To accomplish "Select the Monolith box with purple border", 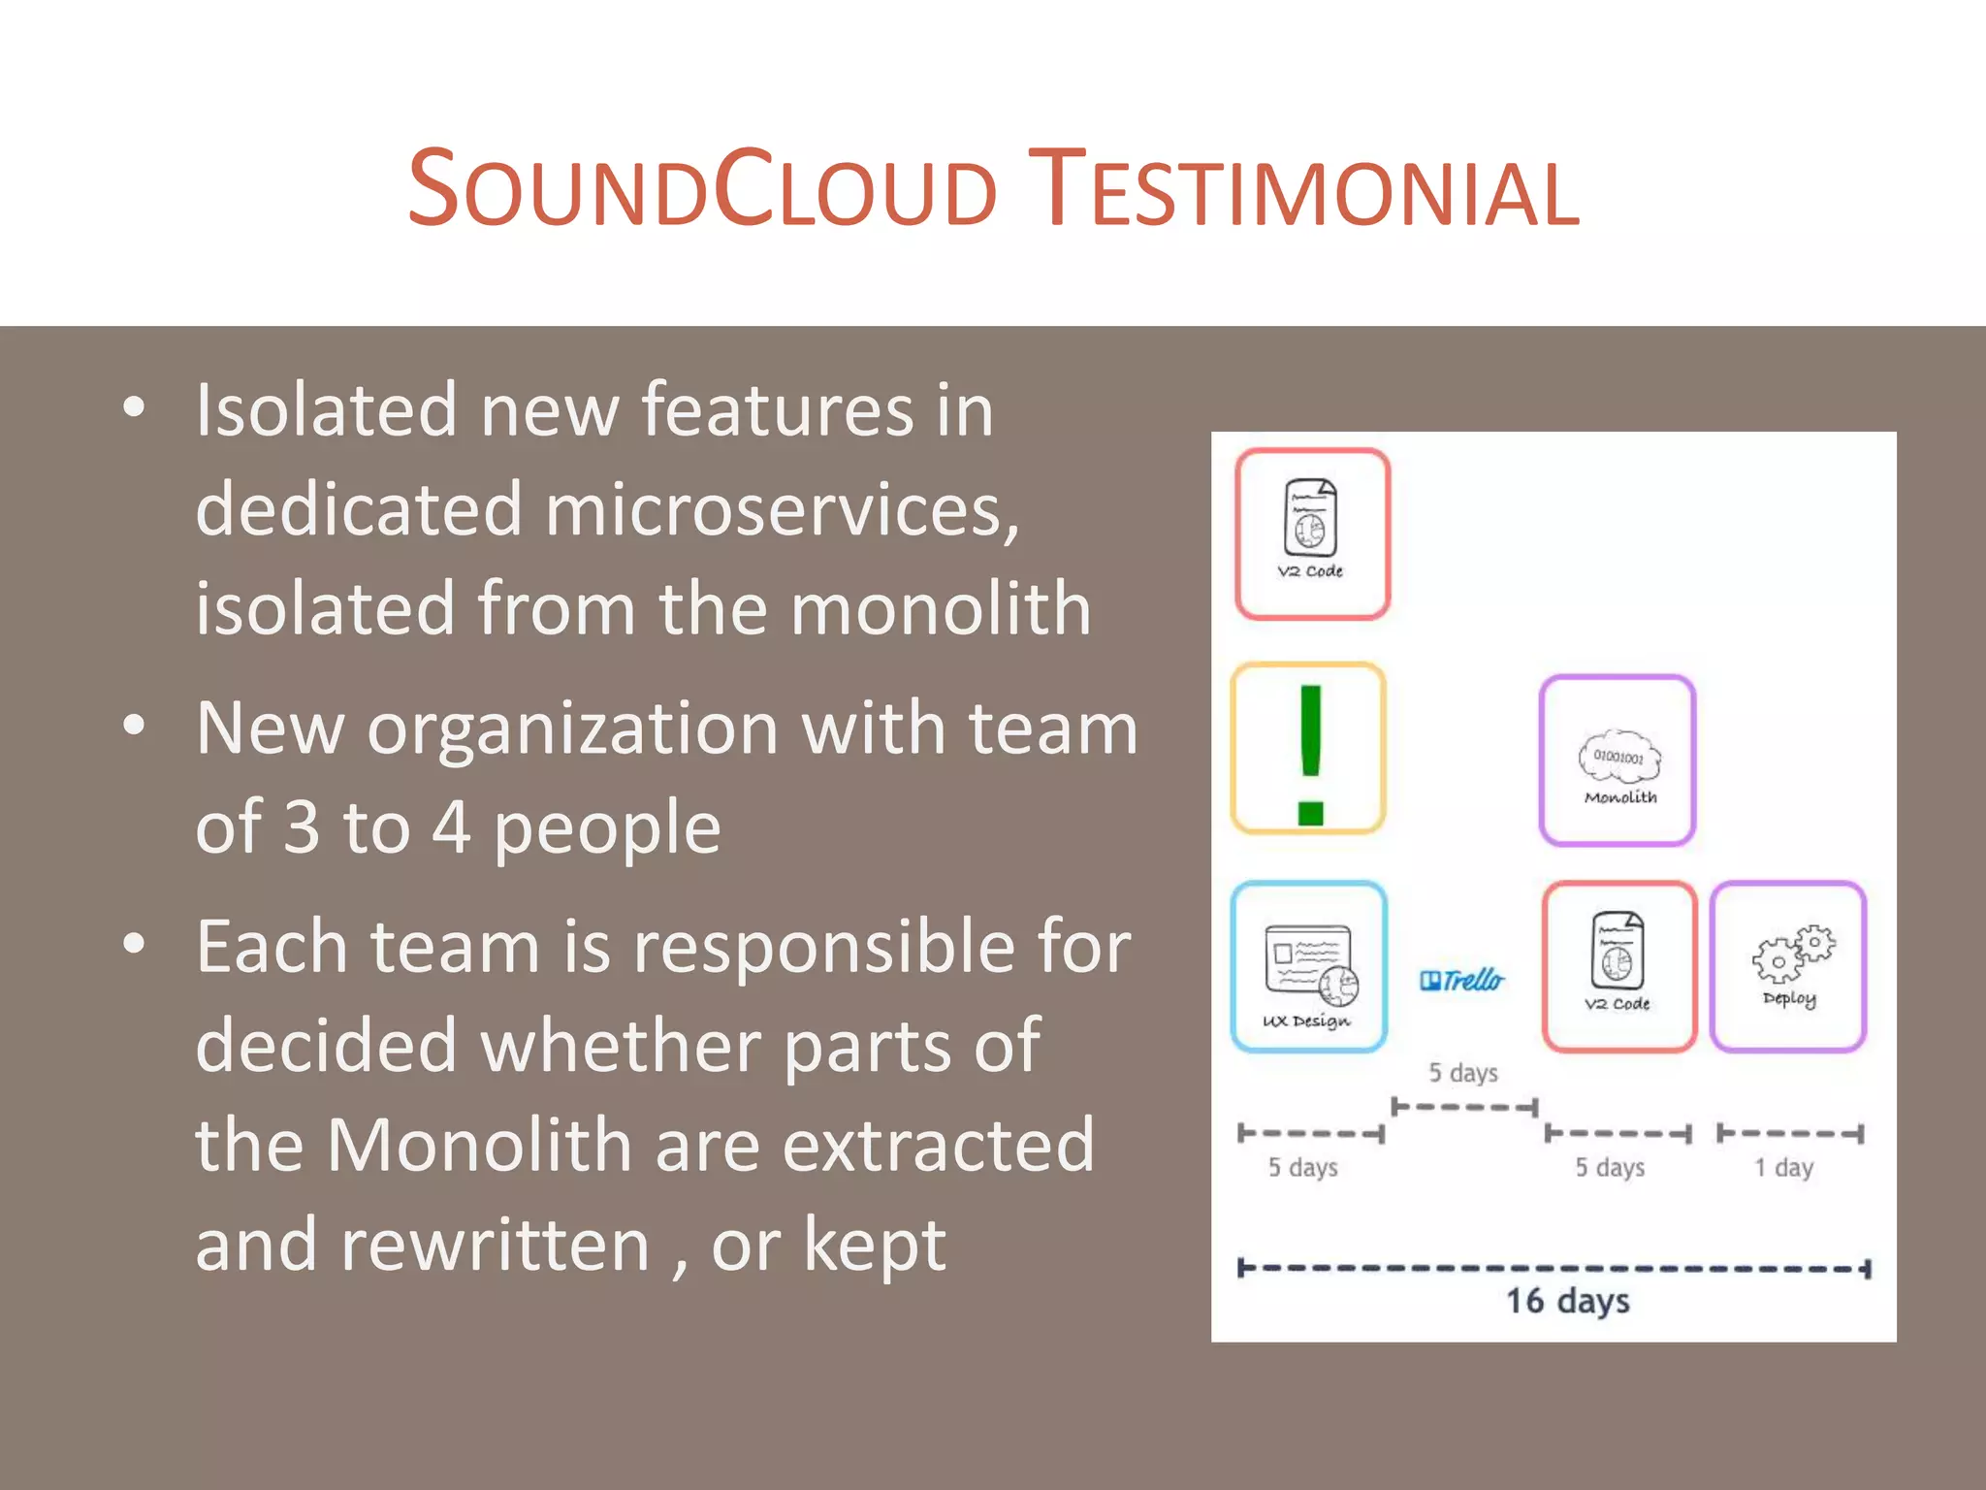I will [x=1618, y=761].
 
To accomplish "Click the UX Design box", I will [x=1309, y=967].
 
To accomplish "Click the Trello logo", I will [x=1462, y=981].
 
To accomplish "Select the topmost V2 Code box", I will [x=1312, y=534].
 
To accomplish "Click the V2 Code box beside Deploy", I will [x=1618, y=967].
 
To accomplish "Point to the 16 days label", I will [x=1567, y=1302].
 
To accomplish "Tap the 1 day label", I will [x=1783, y=1168].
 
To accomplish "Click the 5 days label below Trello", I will [x=1462, y=1073].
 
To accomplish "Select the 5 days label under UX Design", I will [x=1302, y=1168].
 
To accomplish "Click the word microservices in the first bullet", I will [x=782, y=510].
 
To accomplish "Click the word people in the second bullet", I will [x=607, y=828].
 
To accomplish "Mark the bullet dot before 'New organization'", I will [x=135, y=726].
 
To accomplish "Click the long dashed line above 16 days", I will [x=1554, y=1269].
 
